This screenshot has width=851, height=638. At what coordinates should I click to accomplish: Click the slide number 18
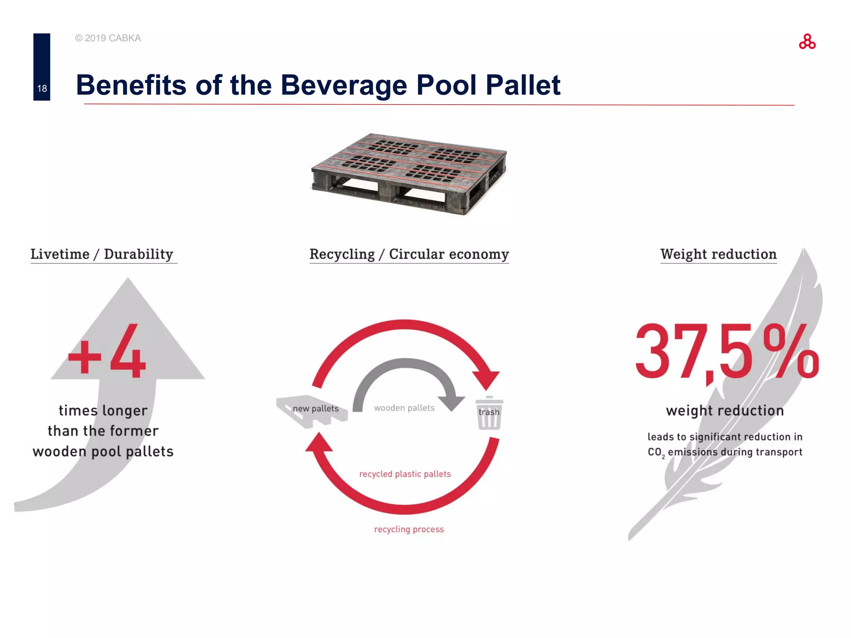[x=42, y=88]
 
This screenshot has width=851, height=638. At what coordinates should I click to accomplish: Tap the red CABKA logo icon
[x=807, y=42]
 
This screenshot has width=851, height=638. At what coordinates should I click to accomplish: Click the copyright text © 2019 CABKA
[x=108, y=38]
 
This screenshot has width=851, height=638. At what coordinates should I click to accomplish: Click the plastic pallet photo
[x=409, y=173]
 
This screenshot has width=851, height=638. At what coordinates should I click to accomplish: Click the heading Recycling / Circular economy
[x=409, y=254]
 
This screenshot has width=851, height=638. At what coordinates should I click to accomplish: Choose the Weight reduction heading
[x=718, y=254]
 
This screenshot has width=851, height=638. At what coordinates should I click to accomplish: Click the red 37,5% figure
[x=726, y=352]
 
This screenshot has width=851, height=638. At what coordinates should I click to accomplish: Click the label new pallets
[x=316, y=409]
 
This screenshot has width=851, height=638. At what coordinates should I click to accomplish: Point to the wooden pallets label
[x=404, y=408]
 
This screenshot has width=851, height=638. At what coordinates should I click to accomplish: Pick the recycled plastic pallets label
[x=405, y=474]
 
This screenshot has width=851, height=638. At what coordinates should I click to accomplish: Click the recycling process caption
[x=409, y=529]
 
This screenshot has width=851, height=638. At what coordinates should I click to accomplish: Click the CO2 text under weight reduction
[x=656, y=452]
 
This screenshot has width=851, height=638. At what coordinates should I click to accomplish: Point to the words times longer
[x=103, y=410]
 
